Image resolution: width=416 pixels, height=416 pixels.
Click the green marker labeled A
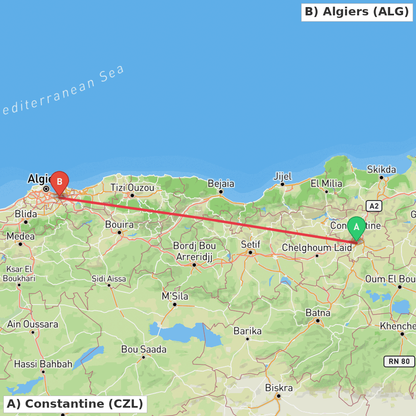(x=357, y=227)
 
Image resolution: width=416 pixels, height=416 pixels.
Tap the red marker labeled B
(x=59, y=182)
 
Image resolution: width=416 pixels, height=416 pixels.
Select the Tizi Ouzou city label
(x=132, y=188)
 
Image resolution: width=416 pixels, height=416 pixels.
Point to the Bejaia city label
(x=221, y=184)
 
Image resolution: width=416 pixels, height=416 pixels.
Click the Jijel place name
(x=282, y=176)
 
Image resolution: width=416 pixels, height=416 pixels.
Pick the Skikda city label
(x=381, y=170)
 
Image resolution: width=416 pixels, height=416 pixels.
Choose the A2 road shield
(x=374, y=206)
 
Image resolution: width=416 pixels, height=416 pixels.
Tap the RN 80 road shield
(x=399, y=361)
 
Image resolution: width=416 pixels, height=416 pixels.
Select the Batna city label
(x=318, y=313)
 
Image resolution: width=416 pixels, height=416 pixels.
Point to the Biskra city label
(x=279, y=388)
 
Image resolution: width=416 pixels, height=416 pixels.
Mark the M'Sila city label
(x=175, y=297)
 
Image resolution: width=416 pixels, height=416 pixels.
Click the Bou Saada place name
(x=144, y=349)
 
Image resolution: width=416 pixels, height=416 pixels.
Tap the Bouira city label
(x=119, y=225)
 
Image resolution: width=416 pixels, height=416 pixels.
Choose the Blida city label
(x=26, y=214)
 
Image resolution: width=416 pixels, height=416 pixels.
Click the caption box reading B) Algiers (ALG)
(x=357, y=12)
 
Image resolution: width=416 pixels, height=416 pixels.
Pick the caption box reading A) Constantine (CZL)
(x=75, y=404)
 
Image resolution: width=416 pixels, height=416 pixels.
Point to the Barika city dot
(x=248, y=339)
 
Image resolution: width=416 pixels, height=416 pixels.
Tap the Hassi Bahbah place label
(x=43, y=364)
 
